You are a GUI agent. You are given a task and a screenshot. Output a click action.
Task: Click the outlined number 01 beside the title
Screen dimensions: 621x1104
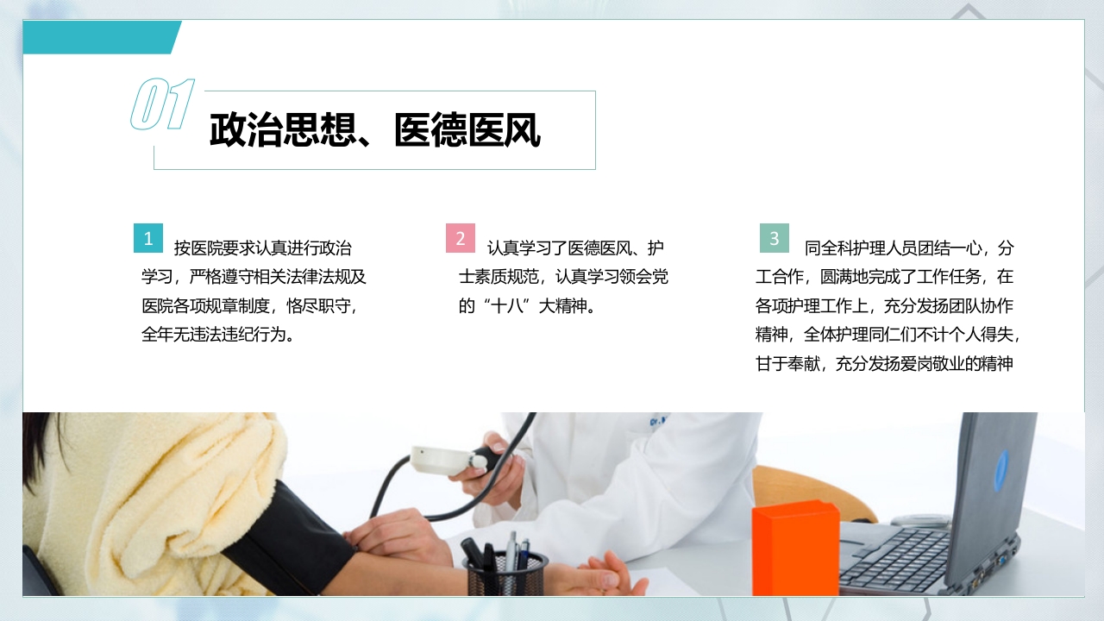click(162, 105)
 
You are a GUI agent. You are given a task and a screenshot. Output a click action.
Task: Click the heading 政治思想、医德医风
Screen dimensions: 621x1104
click(374, 131)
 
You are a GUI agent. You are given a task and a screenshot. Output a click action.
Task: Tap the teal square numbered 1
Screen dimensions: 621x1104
click(148, 238)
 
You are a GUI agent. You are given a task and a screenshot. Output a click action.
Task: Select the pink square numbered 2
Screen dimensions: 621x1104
click(461, 238)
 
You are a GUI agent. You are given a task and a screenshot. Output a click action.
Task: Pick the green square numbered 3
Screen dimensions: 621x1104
click(775, 238)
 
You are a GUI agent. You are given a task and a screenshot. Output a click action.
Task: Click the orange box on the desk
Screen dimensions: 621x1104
click(794, 548)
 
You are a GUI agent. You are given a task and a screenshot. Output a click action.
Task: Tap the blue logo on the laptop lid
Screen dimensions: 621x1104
click(1000, 469)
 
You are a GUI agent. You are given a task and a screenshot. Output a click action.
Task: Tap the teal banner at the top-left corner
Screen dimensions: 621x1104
click(99, 37)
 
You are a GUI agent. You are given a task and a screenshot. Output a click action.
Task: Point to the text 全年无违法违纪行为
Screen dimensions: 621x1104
click(219, 335)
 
